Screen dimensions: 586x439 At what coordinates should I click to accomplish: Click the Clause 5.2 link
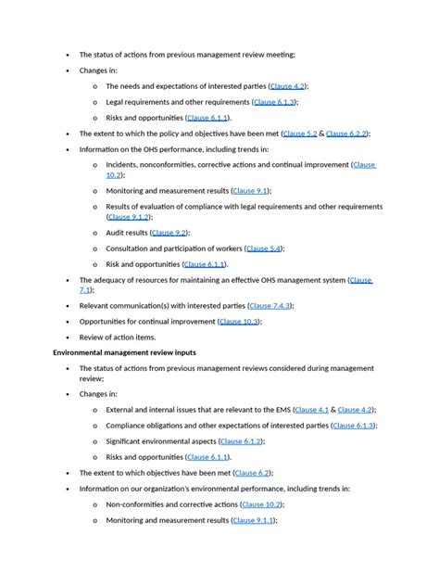click(300, 134)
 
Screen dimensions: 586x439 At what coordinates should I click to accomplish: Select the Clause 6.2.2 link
click(347, 134)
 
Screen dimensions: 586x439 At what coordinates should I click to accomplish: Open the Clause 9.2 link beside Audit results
click(169, 233)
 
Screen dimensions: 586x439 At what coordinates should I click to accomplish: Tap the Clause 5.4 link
click(264, 248)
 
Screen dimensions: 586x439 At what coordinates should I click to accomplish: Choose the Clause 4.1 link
click(312, 409)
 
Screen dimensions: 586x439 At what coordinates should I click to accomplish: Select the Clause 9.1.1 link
click(253, 521)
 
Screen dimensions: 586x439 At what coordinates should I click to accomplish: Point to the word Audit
click(115, 233)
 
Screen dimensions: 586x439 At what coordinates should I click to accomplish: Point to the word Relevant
click(95, 305)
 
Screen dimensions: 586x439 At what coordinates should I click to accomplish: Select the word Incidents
click(123, 164)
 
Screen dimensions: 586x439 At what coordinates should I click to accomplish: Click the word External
click(121, 409)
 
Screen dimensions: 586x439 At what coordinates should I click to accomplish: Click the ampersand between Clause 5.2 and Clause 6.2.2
click(321, 134)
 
